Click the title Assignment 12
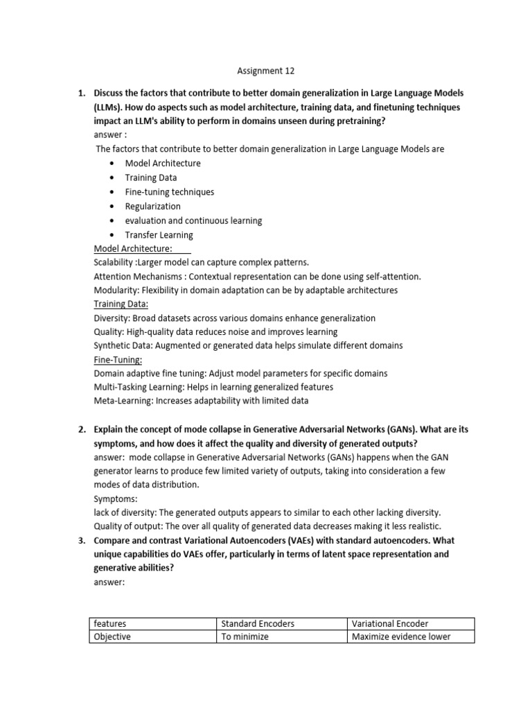(x=260, y=71)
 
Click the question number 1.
(x=80, y=93)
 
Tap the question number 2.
(x=80, y=429)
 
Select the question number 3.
(x=80, y=540)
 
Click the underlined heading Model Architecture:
(x=133, y=249)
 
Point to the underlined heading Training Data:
(x=121, y=304)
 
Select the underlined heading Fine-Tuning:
(x=118, y=359)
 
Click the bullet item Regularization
(x=152, y=206)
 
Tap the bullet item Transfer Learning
(x=159, y=235)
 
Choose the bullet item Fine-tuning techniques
(x=169, y=192)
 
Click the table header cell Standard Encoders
(x=258, y=623)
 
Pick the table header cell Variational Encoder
(x=390, y=623)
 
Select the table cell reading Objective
(x=112, y=637)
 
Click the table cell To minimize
(x=245, y=637)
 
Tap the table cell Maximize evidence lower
(x=401, y=637)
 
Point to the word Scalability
(x=114, y=263)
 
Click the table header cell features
(x=110, y=623)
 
